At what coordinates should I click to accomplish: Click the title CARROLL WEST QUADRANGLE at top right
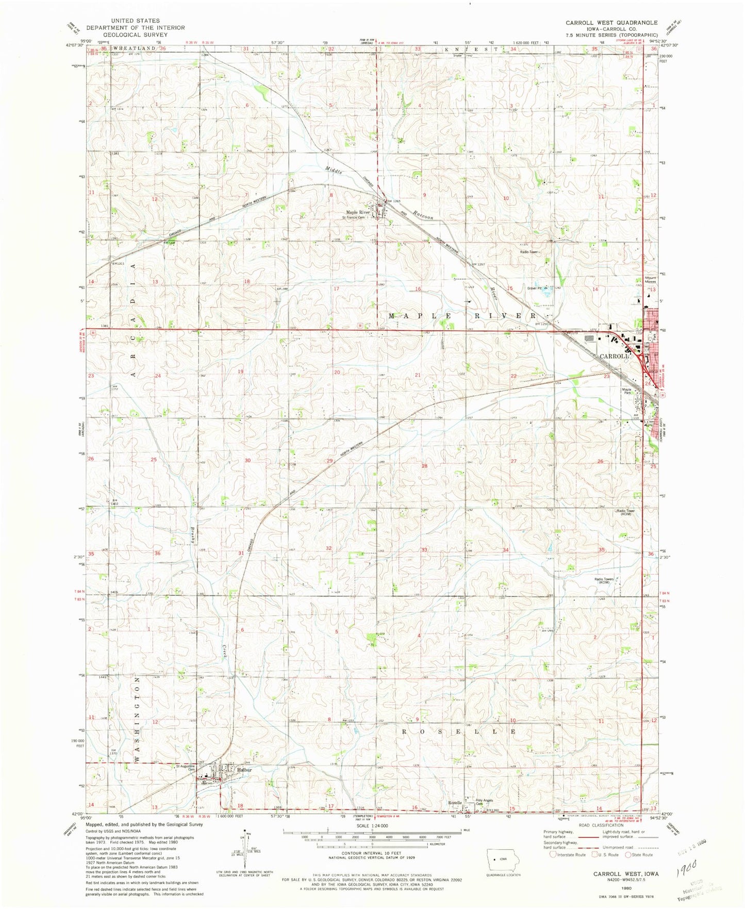pyautogui.click(x=611, y=23)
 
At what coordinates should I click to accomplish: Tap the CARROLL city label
pyautogui.click(x=614, y=356)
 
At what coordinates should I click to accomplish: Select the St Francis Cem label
pyautogui.click(x=354, y=217)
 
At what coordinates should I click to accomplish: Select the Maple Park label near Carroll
pyautogui.click(x=626, y=391)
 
